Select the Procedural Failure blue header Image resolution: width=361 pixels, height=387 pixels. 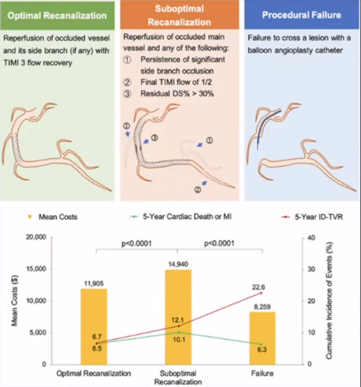301,15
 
